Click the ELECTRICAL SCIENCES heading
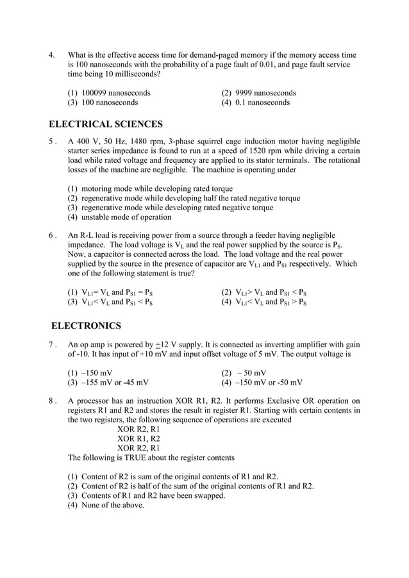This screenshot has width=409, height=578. point(106,124)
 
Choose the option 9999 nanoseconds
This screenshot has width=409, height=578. point(259,92)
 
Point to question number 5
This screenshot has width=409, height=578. point(53,142)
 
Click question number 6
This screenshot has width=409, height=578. point(53,236)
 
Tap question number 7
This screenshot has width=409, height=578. point(53,343)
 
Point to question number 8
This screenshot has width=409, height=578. point(53,401)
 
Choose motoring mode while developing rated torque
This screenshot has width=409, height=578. point(150,189)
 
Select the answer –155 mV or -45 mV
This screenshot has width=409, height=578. point(108,383)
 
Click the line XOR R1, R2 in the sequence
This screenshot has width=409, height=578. point(138,439)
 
